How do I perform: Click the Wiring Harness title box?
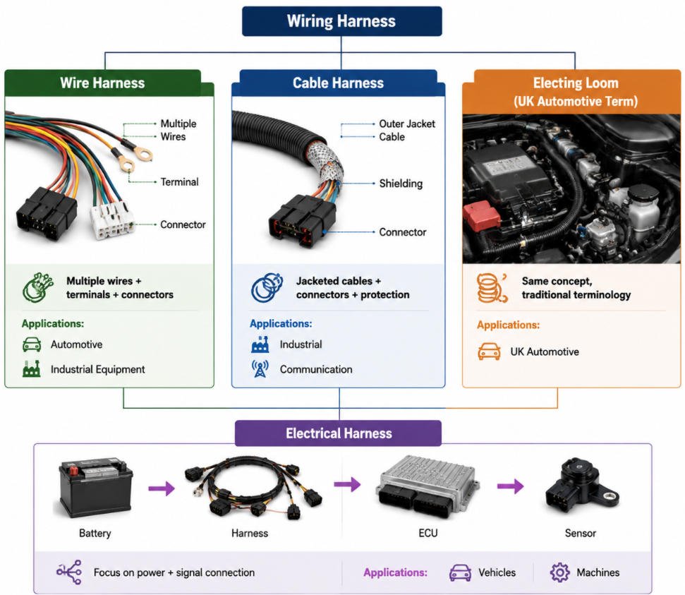341,21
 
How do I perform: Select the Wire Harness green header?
103,83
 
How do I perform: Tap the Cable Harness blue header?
338,83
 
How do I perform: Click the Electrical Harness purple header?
338,433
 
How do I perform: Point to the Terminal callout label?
179,182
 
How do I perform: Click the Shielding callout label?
401,184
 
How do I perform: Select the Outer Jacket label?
407,124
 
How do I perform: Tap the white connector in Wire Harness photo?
111,220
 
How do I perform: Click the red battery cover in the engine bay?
482,216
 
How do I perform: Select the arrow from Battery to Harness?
162,488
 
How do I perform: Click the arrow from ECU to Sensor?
510,486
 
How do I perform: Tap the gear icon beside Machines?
559,572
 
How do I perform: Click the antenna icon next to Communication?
260,368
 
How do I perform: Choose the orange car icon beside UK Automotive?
490,351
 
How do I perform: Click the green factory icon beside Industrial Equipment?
32,369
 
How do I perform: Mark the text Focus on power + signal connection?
174,572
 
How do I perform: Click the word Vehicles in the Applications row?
497,572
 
